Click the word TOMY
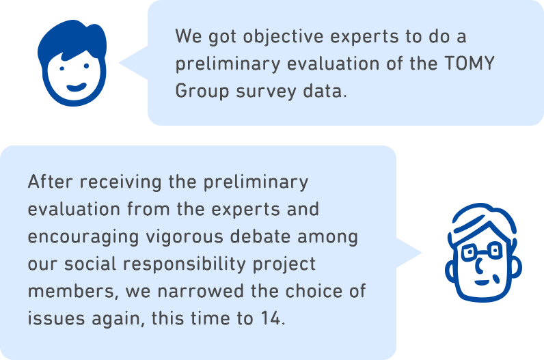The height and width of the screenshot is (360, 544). (467, 64)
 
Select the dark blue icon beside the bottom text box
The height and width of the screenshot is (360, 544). (481, 253)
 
